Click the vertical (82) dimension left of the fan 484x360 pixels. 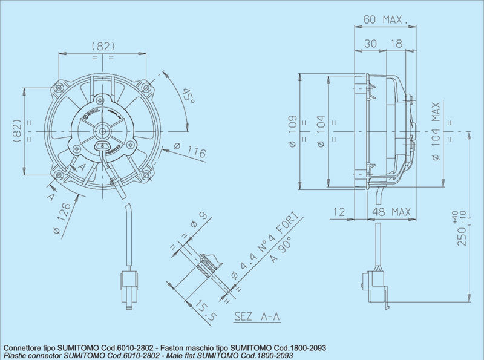click(17, 129)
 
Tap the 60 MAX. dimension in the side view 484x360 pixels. click(385, 19)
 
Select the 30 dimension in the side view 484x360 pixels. click(370, 44)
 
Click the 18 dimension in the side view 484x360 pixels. click(396, 44)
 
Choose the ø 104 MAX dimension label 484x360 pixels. click(436, 132)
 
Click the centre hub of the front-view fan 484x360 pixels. click(102, 130)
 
